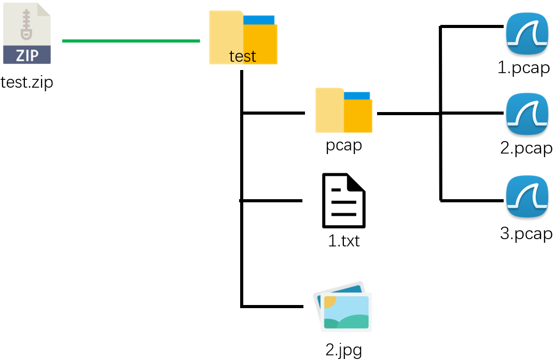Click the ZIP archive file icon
click(x=27, y=33)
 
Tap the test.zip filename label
click(x=27, y=82)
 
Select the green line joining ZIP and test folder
click(x=131, y=40)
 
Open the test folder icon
click(x=243, y=36)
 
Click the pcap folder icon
click(x=343, y=110)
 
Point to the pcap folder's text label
click(x=343, y=145)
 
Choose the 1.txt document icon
click(x=343, y=201)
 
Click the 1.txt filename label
click(x=343, y=241)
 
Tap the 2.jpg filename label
click(x=343, y=350)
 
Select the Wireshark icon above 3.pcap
click(x=526, y=198)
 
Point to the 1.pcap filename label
click(x=523, y=68)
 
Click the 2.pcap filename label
click(x=526, y=148)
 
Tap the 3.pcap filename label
click(x=526, y=233)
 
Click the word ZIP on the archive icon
click(x=27, y=54)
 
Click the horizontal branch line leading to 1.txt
click(x=271, y=200)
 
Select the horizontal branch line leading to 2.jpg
click(x=272, y=306)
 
